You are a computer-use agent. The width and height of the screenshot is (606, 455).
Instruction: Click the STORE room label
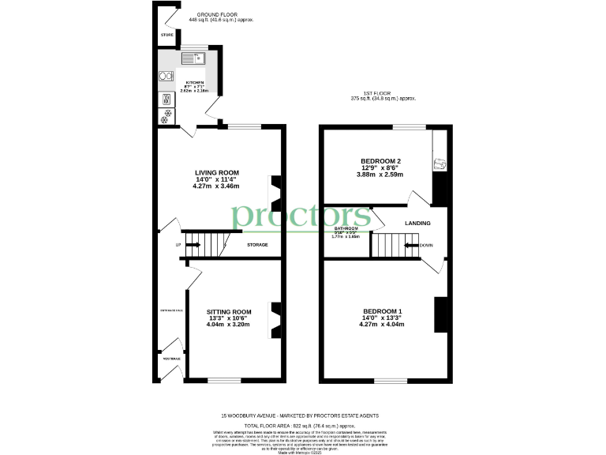(x=167, y=36)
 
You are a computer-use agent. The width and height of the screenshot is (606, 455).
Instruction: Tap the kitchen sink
(x=193, y=58)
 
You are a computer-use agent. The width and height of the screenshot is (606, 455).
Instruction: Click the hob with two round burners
(x=166, y=77)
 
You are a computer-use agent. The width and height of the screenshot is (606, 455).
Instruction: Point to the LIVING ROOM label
(x=217, y=172)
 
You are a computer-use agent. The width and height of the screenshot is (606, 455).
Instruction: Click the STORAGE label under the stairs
(x=257, y=245)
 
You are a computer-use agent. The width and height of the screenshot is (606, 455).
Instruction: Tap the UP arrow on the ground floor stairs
(x=193, y=245)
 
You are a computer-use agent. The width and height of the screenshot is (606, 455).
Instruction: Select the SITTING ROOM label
(x=229, y=312)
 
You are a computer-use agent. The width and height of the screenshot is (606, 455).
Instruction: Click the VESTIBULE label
(x=171, y=359)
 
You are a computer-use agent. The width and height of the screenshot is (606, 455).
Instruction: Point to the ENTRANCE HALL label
(x=170, y=310)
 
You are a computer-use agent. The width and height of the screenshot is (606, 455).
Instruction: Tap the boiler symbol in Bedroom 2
(x=440, y=164)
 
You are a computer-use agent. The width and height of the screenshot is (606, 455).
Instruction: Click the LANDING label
(x=417, y=224)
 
